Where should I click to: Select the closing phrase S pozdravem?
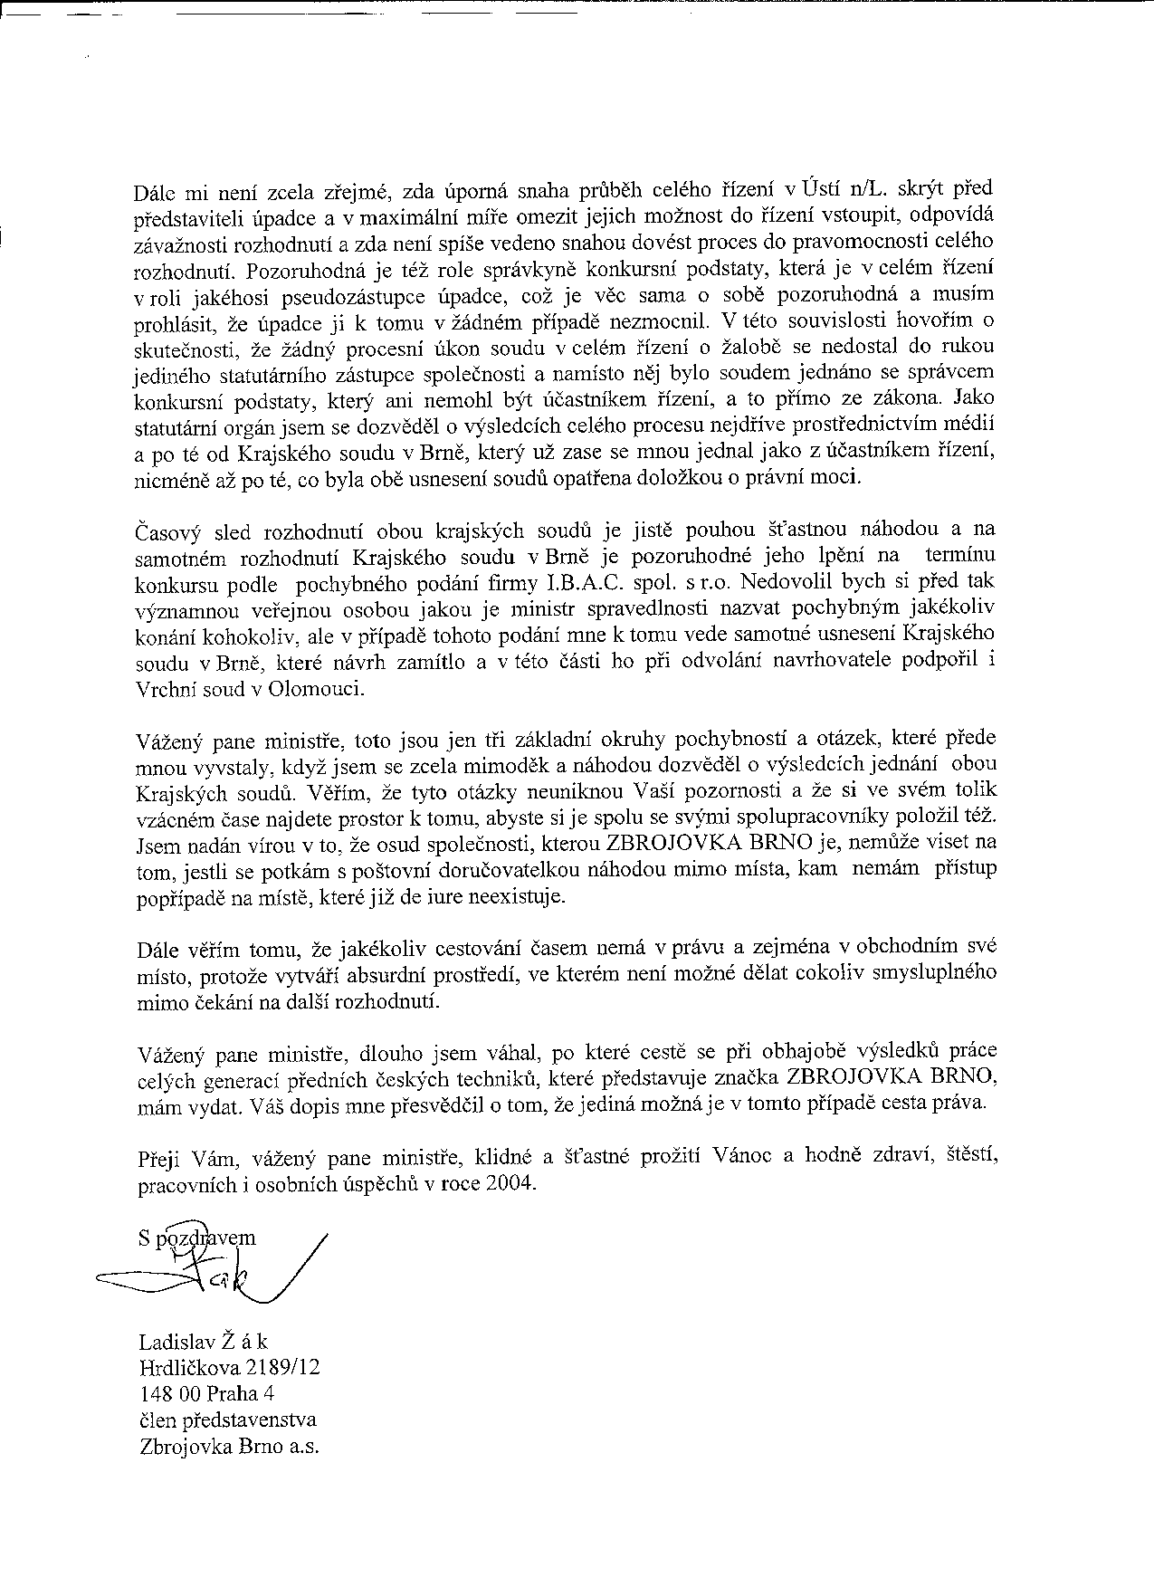tap(197, 1238)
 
